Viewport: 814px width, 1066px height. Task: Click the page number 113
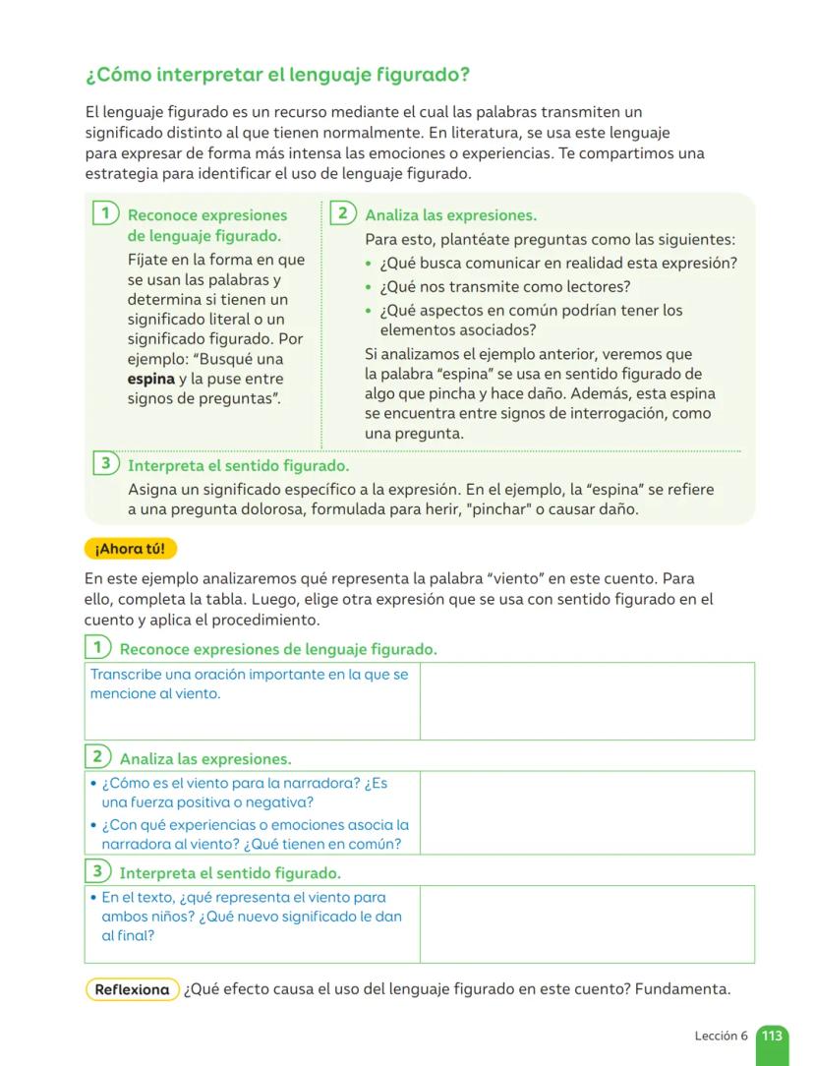tap(773, 1036)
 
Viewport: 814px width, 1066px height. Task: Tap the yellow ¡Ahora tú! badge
tap(131, 548)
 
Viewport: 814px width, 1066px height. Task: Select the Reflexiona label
tap(133, 989)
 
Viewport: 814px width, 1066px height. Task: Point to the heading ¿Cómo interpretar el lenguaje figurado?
tap(277, 75)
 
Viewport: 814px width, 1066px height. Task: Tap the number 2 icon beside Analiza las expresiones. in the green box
tap(342, 213)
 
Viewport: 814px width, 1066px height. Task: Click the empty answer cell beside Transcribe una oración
tap(587, 700)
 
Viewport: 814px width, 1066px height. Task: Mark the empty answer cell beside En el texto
tap(587, 923)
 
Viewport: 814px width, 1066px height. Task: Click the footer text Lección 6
tap(721, 1036)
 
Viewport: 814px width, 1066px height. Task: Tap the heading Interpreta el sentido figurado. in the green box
tap(238, 465)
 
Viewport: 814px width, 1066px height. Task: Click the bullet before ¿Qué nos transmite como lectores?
tap(369, 288)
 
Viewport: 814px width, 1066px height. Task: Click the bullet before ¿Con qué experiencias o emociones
tap(91, 826)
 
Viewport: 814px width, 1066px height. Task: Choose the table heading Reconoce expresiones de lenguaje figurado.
tap(278, 649)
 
